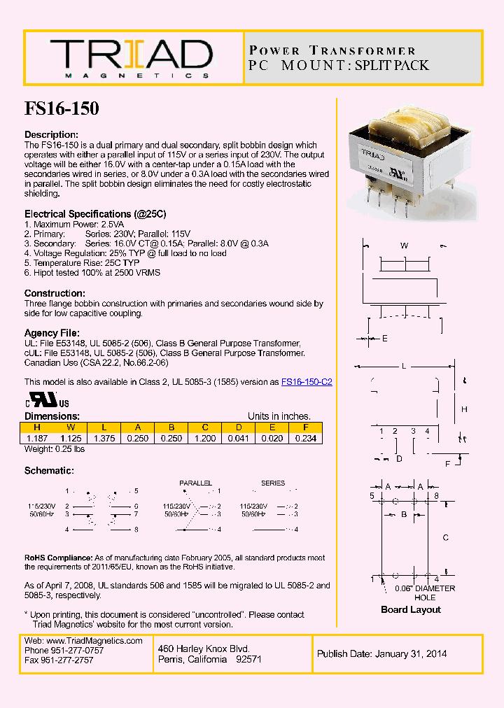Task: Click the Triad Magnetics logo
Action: [130, 57]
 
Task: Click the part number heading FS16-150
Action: [62, 108]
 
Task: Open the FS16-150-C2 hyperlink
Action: [307, 382]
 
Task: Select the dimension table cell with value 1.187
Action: [36, 438]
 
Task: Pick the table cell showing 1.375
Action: [104, 438]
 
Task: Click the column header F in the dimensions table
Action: [305, 427]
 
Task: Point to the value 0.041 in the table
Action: [238, 438]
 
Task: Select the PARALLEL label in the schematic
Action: [195, 483]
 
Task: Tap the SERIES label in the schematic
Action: [273, 483]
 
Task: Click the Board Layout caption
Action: [410, 609]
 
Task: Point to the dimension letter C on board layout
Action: [446, 538]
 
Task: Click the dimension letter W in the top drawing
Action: [404, 246]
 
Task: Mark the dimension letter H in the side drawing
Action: [463, 409]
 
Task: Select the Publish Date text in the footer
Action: [381, 654]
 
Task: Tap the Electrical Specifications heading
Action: [95, 213]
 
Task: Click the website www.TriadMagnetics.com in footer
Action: [83, 641]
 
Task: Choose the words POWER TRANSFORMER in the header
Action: [332, 50]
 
